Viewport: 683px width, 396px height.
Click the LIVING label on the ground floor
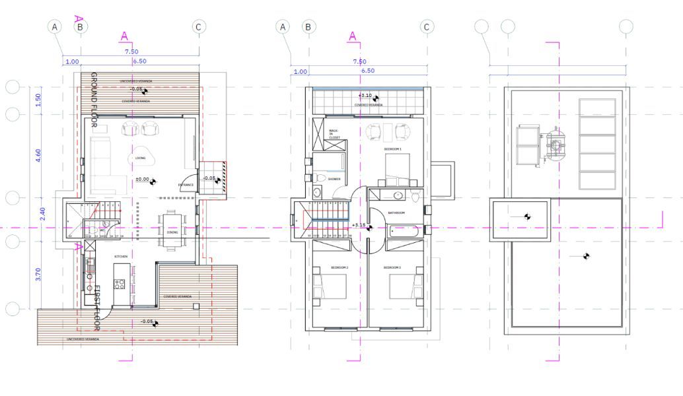141,157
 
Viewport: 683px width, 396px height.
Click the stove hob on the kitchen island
120,284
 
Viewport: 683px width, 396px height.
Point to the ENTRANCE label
186,185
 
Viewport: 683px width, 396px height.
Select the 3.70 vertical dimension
38,275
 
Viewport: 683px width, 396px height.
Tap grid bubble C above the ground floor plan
198,26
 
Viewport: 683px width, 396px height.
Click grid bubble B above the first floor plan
308,26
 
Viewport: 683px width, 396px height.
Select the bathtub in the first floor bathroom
404,230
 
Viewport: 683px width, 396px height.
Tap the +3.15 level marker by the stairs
361,226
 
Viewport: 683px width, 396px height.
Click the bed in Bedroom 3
404,287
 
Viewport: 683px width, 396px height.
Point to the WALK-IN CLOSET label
334,134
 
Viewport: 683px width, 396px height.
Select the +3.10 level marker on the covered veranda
365,96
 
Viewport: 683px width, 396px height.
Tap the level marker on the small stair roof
527,216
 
